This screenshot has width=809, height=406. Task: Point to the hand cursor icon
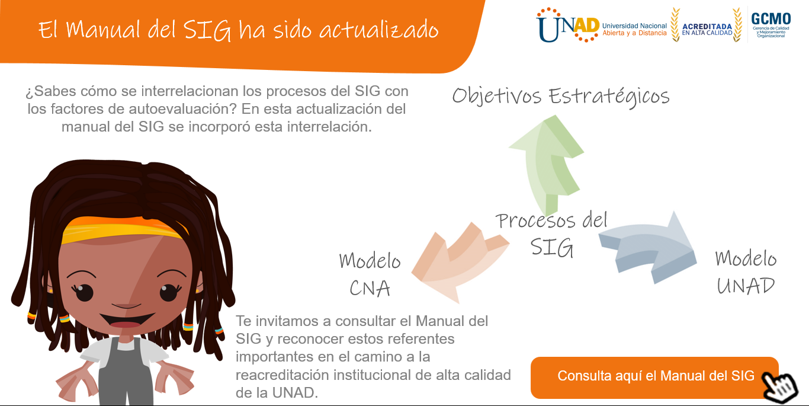pos(779,388)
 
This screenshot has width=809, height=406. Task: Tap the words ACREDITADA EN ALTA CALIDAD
pos(707,29)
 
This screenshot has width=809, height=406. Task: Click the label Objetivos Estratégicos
pos(561,97)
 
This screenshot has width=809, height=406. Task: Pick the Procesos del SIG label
pos(551,234)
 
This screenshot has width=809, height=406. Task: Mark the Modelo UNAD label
pos(746,272)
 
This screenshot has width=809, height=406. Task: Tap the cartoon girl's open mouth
pos(126,320)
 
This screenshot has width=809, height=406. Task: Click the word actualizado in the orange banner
pos(379,30)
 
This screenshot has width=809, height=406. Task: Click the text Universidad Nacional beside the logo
pos(634,25)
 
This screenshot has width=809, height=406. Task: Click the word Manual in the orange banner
pos(103,29)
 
